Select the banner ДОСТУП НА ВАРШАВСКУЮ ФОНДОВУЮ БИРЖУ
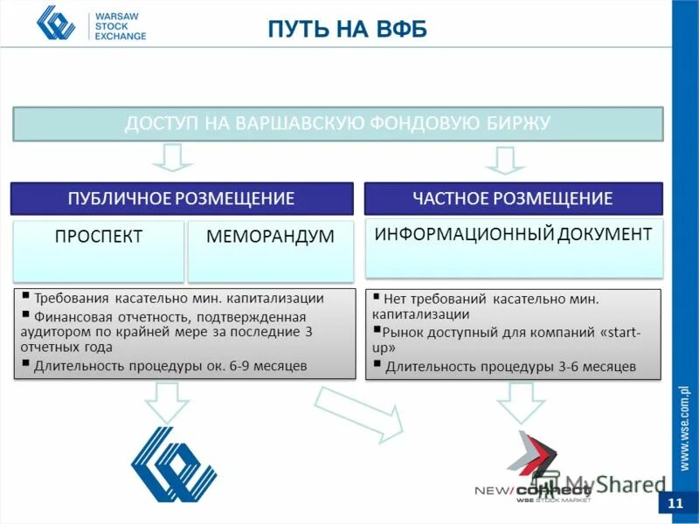coord(337,123)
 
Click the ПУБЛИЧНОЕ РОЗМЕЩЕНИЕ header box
coord(181,198)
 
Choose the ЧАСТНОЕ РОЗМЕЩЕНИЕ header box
coord(513,198)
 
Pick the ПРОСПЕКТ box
coord(99,237)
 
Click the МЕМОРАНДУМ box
coord(270,237)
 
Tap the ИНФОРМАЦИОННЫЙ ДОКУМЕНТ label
coord(513,234)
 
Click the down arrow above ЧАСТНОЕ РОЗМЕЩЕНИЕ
coord(504,160)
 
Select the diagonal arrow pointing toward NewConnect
coord(358,411)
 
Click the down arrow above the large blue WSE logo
coord(166,402)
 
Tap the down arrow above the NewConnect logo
coord(520,403)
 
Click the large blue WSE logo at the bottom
coord(173,464)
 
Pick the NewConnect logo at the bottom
coord(533,468)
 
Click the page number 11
coord(675,504)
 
